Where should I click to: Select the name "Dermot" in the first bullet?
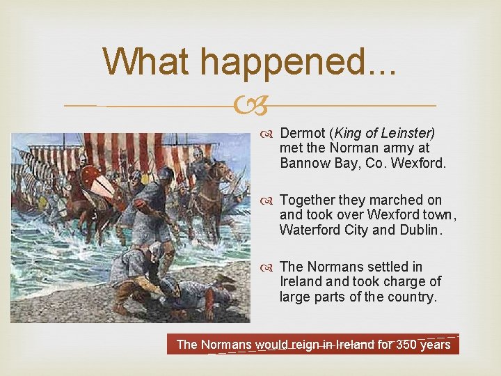pyautogui.click(x=302, y=132)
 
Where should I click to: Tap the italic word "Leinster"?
pyautogui.click(x=407, y=132)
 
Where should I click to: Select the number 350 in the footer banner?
pyautogui.click(x=407, y=344)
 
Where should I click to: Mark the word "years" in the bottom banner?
pyautogui.click(x=436, y=344)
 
